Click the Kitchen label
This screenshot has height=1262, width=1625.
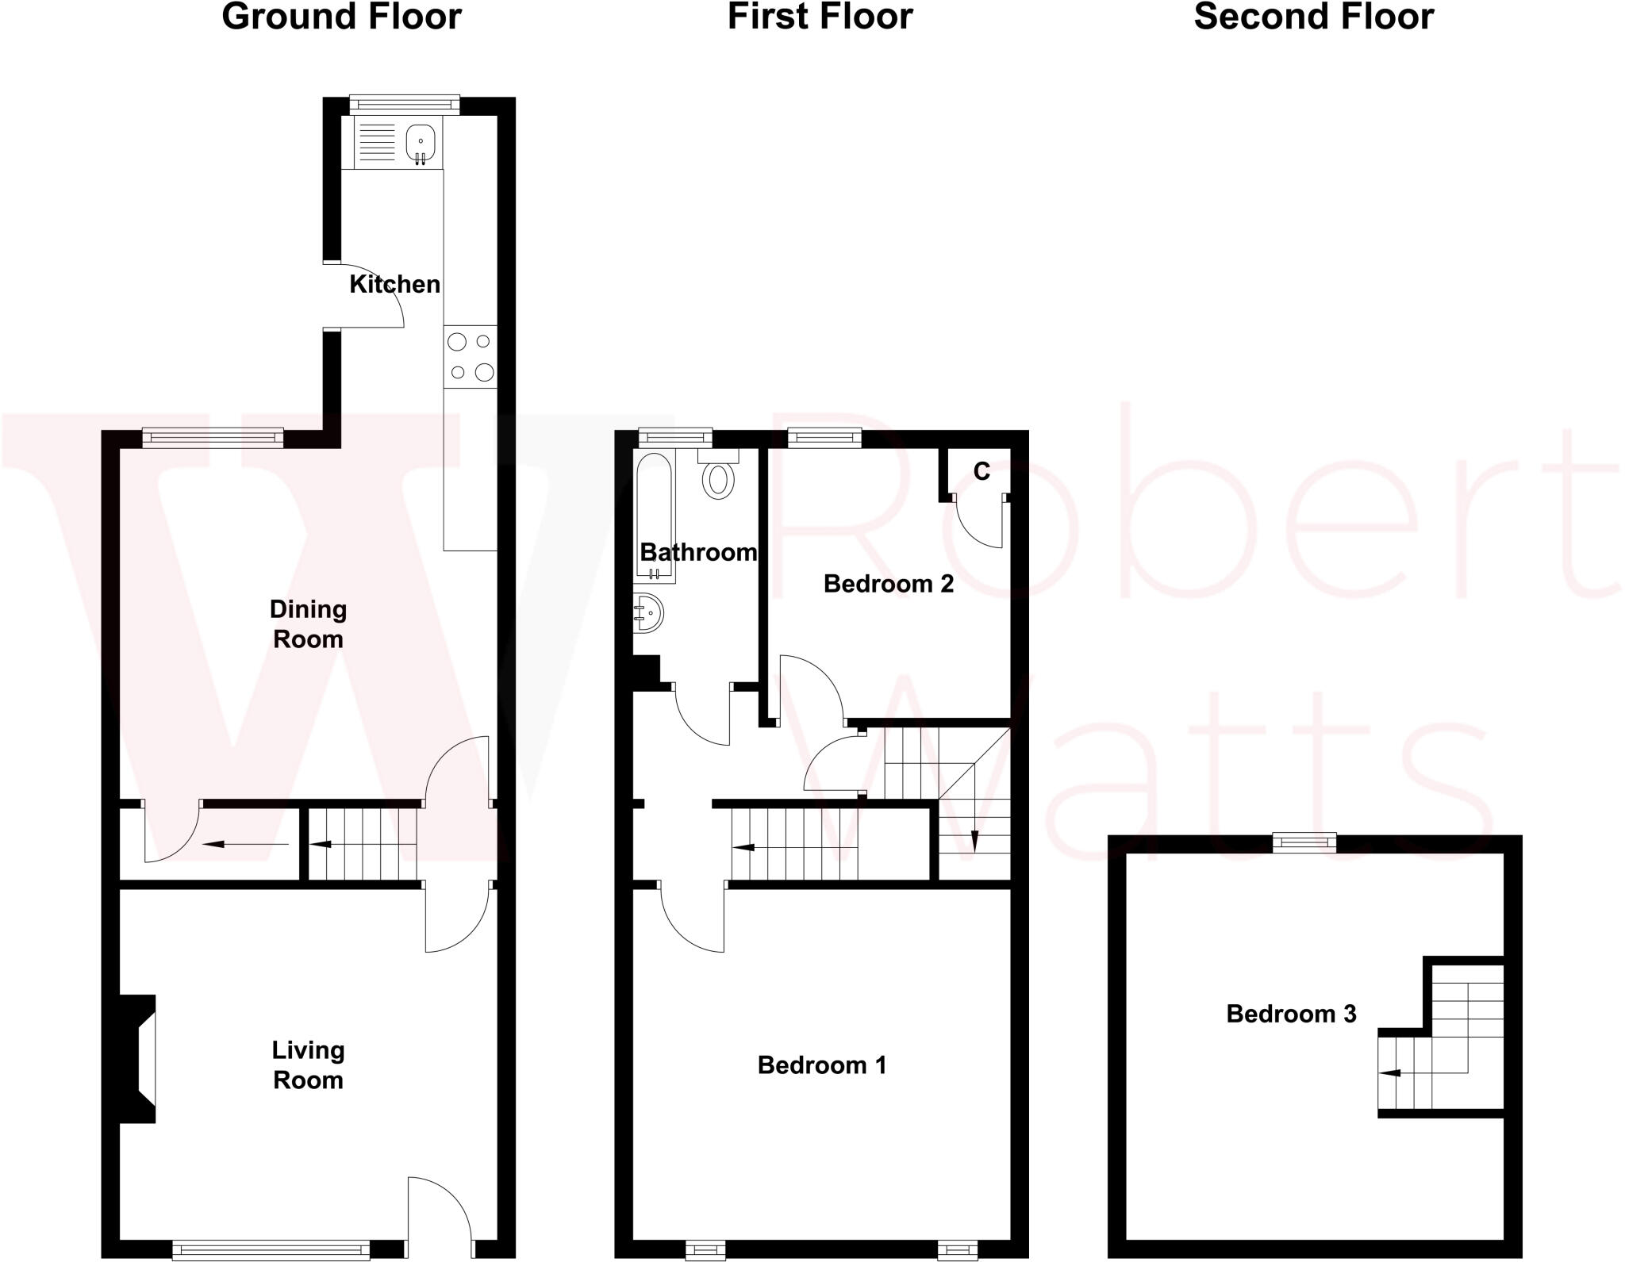[394, 284]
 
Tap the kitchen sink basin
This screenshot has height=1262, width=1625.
[421, 143]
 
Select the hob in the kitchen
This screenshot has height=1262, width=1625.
[471, 356]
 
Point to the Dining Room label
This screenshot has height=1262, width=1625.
[308, 624]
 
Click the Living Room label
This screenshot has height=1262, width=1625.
[308, 1064]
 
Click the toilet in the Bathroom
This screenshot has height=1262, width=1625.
[719, 478]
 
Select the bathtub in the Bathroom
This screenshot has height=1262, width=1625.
[654, 516]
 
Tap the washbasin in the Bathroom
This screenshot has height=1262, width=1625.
[647, 613]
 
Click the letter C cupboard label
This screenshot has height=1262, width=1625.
[982, 472]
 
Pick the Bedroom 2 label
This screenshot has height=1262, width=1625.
[888, 584]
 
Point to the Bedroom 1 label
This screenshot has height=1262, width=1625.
[821, 1064]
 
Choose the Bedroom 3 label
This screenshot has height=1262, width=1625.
[1291, 1013]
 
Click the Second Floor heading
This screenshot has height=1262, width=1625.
[1313, 17]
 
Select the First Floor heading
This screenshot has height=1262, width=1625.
[820, 17]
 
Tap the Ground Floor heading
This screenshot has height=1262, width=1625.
[341, 17]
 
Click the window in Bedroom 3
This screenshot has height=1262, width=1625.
[1304, 842]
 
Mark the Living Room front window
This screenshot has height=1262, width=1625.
[271, 1250]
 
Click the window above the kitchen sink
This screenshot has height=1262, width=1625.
[405, 105]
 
